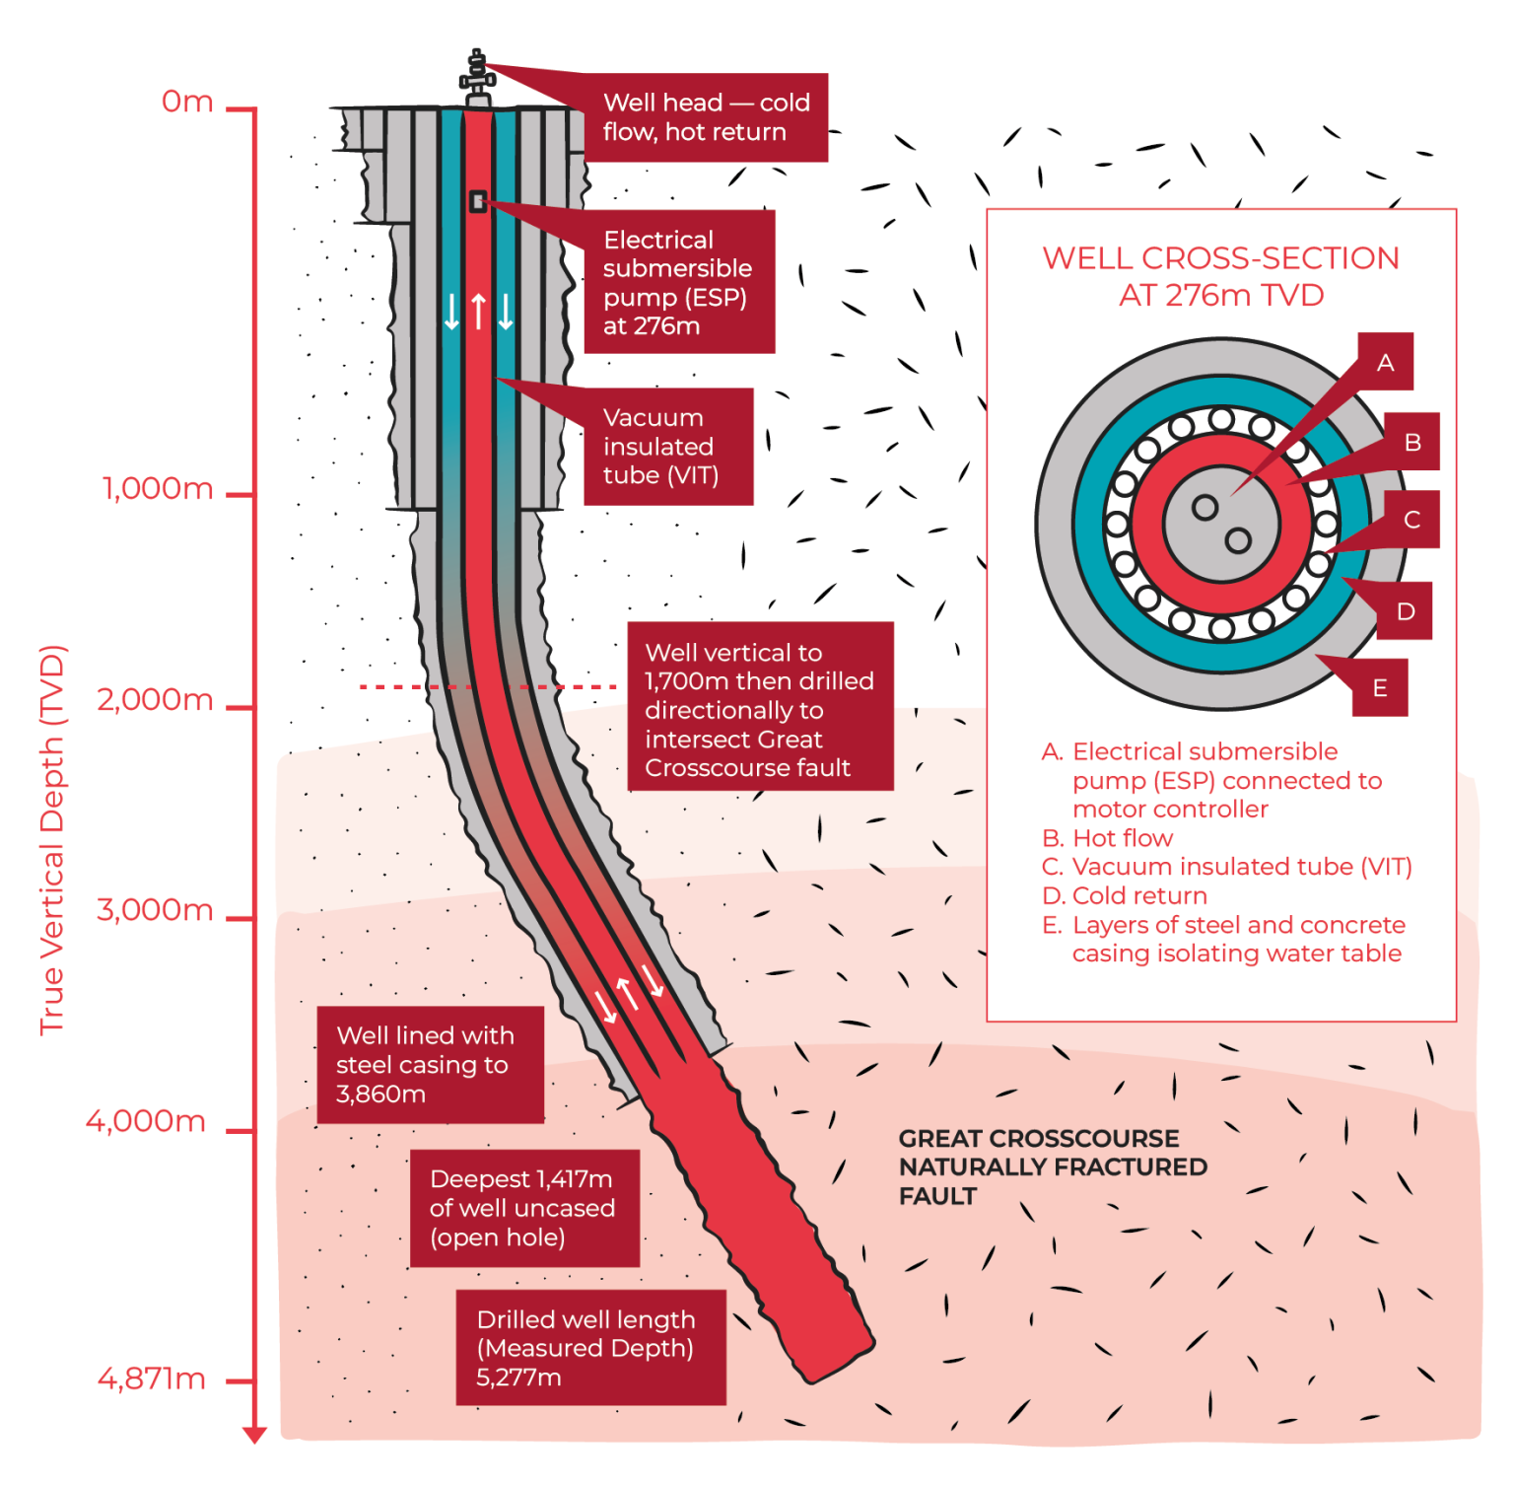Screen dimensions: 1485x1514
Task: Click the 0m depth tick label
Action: click(187, 102)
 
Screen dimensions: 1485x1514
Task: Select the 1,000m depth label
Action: click(158, 488)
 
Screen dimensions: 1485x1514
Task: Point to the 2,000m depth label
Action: click(155, 699)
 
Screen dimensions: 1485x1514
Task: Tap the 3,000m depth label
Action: click(155, 909)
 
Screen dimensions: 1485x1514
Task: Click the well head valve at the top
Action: click(478, 77)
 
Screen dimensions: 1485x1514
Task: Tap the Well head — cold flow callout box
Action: click(706, 117)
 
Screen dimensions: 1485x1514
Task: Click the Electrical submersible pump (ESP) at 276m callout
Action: click(678, 282)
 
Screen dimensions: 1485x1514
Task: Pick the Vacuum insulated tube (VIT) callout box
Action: click(667, 447)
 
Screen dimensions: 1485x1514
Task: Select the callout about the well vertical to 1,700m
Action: click(760, 710)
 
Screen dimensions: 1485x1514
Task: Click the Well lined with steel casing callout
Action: click(430, 1065)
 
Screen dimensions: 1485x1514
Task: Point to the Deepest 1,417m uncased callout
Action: click(524, 1208)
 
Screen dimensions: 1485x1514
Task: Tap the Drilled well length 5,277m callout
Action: click(589, 1348)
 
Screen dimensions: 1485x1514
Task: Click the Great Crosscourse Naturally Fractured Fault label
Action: click(1052, 1167)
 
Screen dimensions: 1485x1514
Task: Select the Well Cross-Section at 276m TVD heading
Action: click(1220, 276)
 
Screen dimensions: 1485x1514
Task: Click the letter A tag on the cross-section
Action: click(1385, 362)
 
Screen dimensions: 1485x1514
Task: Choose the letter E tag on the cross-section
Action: click(1379, 687)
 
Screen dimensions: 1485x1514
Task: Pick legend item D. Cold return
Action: click(1125, 895)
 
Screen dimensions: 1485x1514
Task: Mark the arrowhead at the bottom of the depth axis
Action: click(254, 1434)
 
